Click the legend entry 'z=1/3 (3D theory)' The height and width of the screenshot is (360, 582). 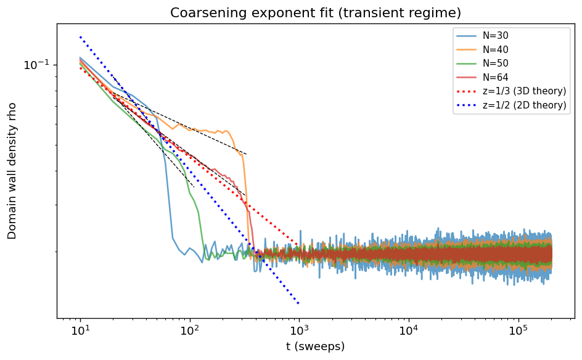(x=523, y=91)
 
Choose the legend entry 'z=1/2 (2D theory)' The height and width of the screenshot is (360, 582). (x=523, y=105)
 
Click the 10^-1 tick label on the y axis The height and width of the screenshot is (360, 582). (x=36, y=65)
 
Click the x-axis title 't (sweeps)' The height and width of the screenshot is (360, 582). (x=315, y=346)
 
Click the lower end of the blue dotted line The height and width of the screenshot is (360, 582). (x=299, y=303)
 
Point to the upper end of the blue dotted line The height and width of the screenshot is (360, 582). (x=80, y=36)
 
